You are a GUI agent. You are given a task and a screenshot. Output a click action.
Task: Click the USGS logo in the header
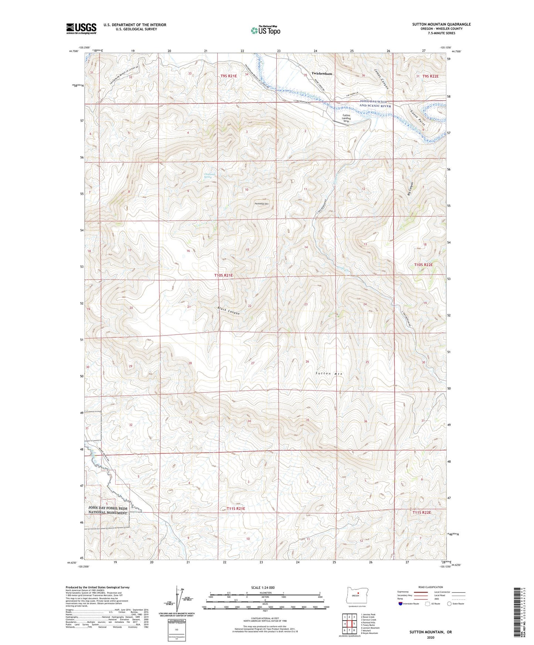click(x=81, y=28)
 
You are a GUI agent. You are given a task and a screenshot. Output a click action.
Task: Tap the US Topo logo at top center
click(x=265, y=31)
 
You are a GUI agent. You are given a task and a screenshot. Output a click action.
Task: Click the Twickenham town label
click(x=322, y=74)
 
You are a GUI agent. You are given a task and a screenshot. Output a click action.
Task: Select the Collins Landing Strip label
click(x=346, y=118)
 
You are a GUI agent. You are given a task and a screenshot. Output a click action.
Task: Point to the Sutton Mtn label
click(x=329, y=374)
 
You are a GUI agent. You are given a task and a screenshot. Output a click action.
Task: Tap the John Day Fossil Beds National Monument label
click(x=108, y=511)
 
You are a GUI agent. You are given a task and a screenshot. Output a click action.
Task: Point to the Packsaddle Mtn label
click(x=262, y=204)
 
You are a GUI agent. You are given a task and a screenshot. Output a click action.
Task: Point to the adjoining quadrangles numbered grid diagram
click(x=349, y=624)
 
